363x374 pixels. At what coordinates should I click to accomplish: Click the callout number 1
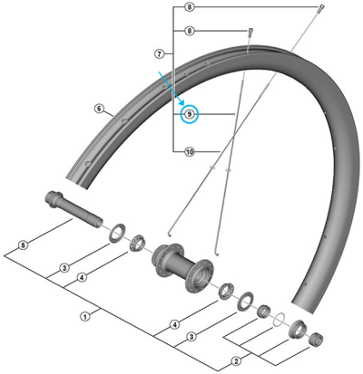pyautogui.click(x=85, y=317)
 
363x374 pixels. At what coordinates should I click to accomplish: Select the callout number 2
pyautogui.click(x=236, y=360)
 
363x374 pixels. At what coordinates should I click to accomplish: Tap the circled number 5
pyautogui.click(x=24, y=245)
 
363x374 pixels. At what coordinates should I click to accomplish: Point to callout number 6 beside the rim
pyautogui.click(x=99, y=108)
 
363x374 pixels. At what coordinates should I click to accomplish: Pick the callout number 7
pyautogui.click(x=159, y=54)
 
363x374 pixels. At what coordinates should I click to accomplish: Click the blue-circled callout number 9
pyautogui.click(x=189, y=114)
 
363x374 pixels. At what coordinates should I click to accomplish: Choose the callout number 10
pyautogui.click(x=190, y=151)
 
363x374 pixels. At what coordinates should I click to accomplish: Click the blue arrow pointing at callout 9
pyautogui.click(x=172, y=88)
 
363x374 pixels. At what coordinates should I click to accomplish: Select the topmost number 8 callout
pyautogui.click(x=189, y=6)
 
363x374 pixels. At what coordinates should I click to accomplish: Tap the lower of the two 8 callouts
pyautogui.click(x=189, y=31)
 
